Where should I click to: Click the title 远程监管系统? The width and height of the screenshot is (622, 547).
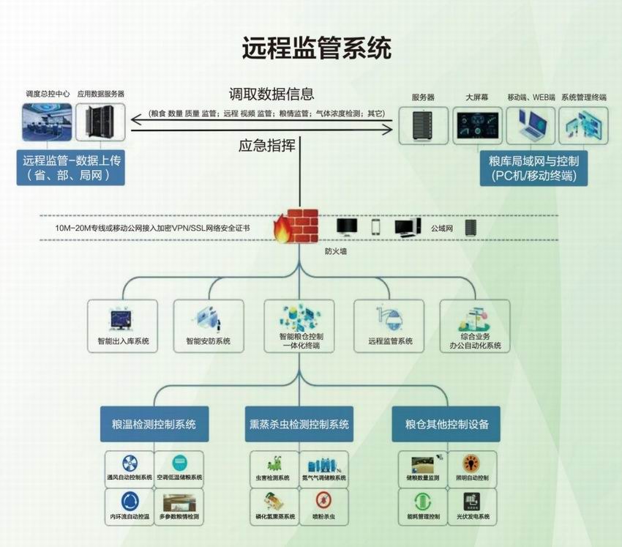click(316, 48)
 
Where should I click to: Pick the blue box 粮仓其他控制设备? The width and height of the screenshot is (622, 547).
click(446, 425)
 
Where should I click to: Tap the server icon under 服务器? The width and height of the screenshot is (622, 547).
click(423, 125)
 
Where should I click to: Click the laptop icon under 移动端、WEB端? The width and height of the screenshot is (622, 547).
click(530, 125)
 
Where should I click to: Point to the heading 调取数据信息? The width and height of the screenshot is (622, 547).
click(271, 94)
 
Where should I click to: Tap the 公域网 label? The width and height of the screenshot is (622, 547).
click(443, 228)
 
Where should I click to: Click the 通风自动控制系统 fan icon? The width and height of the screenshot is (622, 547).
click(128, 463)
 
